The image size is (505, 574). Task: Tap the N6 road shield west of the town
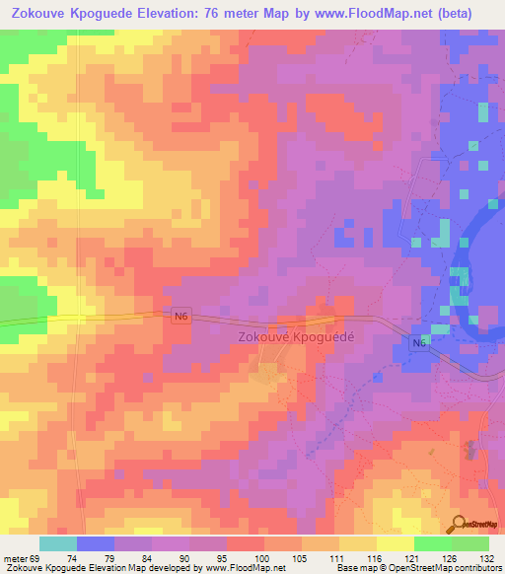click(x=179, y=316)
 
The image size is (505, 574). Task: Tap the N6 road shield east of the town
click(x=419, y=342)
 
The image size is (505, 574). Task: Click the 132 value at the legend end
click(x=488, y=557)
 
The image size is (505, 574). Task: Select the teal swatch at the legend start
click(x=57, y=543)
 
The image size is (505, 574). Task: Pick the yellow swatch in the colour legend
click(x=395, y=543)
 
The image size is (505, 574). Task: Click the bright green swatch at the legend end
click(x=469, y=543)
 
